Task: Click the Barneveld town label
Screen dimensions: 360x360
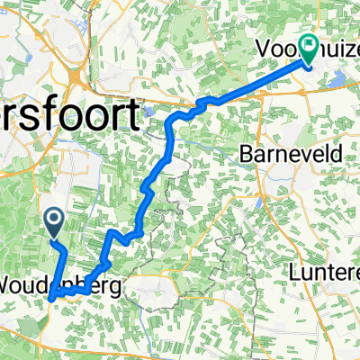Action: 291,154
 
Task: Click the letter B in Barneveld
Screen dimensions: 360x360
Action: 247,154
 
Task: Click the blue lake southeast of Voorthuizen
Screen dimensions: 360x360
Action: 337,81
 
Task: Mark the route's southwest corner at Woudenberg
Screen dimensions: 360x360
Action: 51,297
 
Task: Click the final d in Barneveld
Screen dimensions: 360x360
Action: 336,154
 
